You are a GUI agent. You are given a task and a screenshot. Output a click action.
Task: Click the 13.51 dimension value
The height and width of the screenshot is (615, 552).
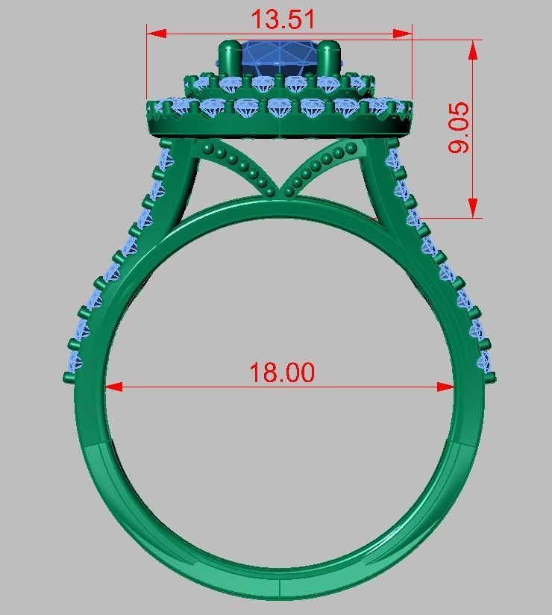click(x=282, y=19)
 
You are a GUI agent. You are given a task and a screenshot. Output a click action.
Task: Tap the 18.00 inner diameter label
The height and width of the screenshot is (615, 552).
click(x=281, y=372)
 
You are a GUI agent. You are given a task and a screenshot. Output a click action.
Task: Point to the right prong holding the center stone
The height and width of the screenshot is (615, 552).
click(x=329, y=59)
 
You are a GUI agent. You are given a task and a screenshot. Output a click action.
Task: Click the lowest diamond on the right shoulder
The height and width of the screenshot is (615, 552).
click(x=485, y=363)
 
